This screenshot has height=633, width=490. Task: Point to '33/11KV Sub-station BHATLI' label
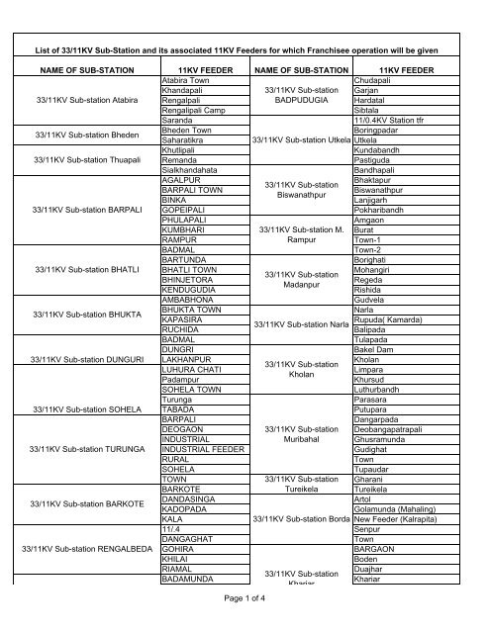click(87, 270)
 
